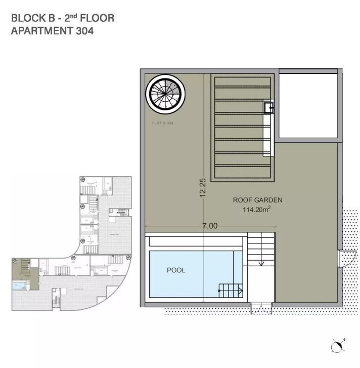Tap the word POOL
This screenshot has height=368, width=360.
tap(176, 270)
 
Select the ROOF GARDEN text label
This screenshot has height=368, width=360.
tap(257, 200)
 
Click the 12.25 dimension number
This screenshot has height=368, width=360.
tap(203, 188)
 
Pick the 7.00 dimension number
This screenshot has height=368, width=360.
tap(209, 226)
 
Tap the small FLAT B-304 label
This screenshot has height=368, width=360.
tap(162, 123)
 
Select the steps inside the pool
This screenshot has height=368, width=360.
tap(230, 290)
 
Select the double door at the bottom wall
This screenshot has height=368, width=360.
tap(262, 308)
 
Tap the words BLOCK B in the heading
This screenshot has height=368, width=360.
tap(30, 18)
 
